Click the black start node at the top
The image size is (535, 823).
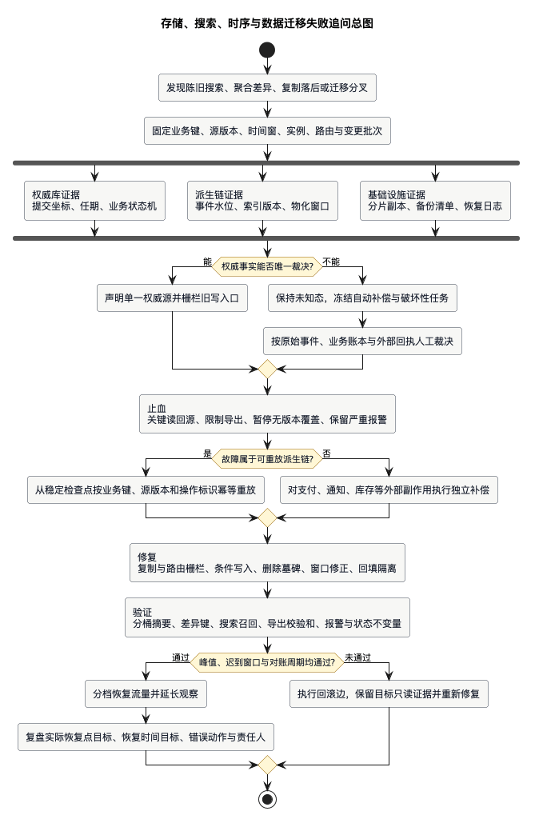click(x=267, y=50)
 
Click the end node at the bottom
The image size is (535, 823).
click(x=267, y=799)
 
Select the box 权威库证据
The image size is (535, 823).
click(x=94, y=201)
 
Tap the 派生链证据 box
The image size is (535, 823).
click(x=262, y=201)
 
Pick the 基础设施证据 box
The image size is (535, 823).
click(x=435, y=201)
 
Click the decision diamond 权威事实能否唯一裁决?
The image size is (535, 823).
click(x=267, y=266)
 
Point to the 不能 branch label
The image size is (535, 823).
click(x=331, y=262)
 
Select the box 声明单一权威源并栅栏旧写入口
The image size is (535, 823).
click(x=172, y=298)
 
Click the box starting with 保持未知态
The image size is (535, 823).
click(x=362, y=298)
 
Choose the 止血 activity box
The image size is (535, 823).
click(x=267, y=413)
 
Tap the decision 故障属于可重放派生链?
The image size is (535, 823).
click(x=267, y=459)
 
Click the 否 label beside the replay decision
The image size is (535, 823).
click(x=326, y=453)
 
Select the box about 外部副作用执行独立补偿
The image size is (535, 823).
click(x=389, y=489)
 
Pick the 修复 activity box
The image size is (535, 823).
click(x=267, y=563)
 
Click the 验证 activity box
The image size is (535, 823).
click(x=267, y=617)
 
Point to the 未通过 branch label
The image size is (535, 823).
click(x=357, y=657)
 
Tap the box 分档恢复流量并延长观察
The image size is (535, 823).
click(x=146, y=694)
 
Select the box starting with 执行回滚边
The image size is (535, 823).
click(x=389, y=694)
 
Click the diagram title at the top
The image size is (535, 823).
click(x=267, y=23)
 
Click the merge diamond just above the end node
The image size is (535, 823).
click(x=267, y=765)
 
